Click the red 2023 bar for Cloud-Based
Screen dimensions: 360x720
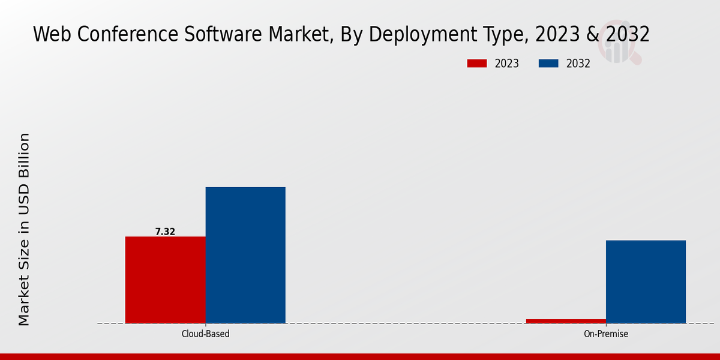[165, 280]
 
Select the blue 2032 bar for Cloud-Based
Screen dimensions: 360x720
[245, 255]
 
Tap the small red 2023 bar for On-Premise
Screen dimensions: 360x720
[566, 321]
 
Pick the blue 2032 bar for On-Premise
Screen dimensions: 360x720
[646, 281]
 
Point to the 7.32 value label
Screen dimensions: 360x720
[165, 232]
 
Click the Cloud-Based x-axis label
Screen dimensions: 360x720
[205, 334]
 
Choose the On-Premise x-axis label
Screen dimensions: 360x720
[606, 334]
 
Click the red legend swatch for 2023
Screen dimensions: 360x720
[477, 64]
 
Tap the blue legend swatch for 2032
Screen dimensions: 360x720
[549, 64]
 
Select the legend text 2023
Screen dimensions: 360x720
[507, 64]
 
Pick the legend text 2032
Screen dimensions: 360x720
[578, 64]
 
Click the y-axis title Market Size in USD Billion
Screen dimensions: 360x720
[24, 229]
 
